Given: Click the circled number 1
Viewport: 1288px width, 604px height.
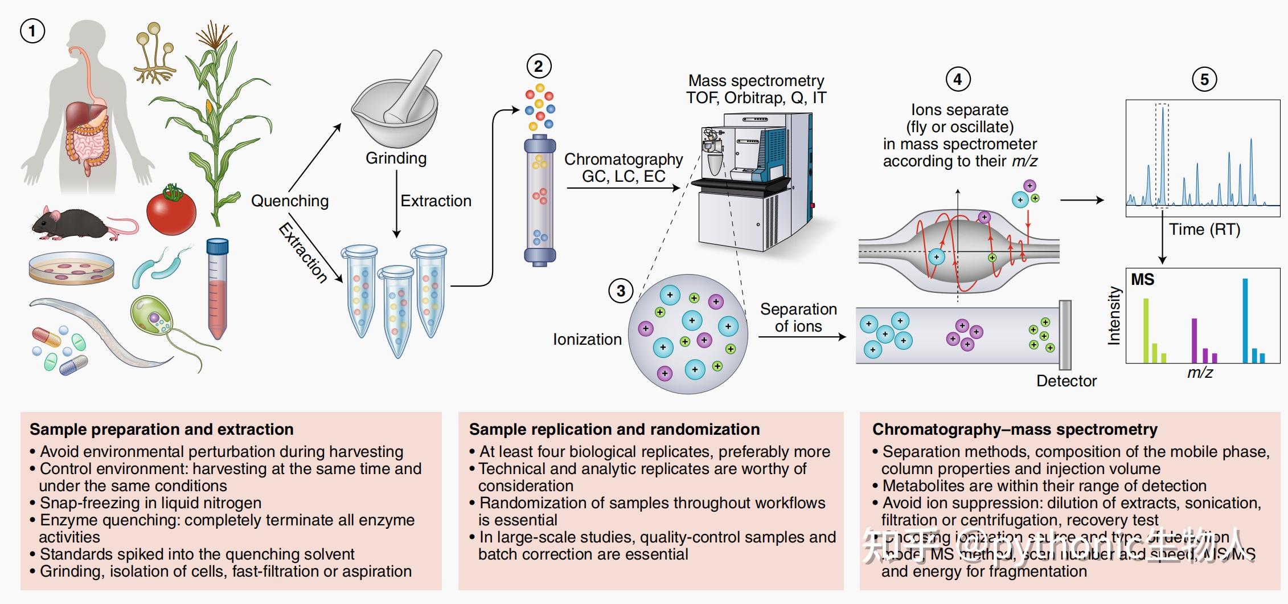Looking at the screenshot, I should [32, 31].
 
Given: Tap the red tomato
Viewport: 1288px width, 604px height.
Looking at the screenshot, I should [171, 210].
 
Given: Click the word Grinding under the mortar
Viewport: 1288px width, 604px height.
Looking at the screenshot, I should [396, 158].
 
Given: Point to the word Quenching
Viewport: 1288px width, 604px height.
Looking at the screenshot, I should [290, 201].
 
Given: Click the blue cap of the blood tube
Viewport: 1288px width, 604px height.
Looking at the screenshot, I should [217, 246].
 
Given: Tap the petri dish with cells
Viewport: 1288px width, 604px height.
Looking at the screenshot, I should [71, 269].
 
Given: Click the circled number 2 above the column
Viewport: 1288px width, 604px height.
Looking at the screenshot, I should [539, 67].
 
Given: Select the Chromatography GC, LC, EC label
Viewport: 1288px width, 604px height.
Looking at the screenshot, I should [624, 168].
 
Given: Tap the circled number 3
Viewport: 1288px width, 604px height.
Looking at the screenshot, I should [621, 291].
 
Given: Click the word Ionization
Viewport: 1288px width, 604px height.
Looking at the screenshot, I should [587, 339].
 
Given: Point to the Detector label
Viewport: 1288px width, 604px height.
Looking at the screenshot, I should [1066, 381].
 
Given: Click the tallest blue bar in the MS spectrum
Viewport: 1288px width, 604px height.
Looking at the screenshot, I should [1245, 320].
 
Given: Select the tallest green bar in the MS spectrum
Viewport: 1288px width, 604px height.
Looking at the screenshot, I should [1146, 330].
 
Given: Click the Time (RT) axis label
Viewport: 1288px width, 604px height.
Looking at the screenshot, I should [1204, 229].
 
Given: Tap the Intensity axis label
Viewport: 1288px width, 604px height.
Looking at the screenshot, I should [1114, 316].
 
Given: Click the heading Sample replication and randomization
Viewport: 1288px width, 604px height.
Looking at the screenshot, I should [614, 429].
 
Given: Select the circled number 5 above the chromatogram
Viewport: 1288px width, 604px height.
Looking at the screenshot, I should [1204, 79].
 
